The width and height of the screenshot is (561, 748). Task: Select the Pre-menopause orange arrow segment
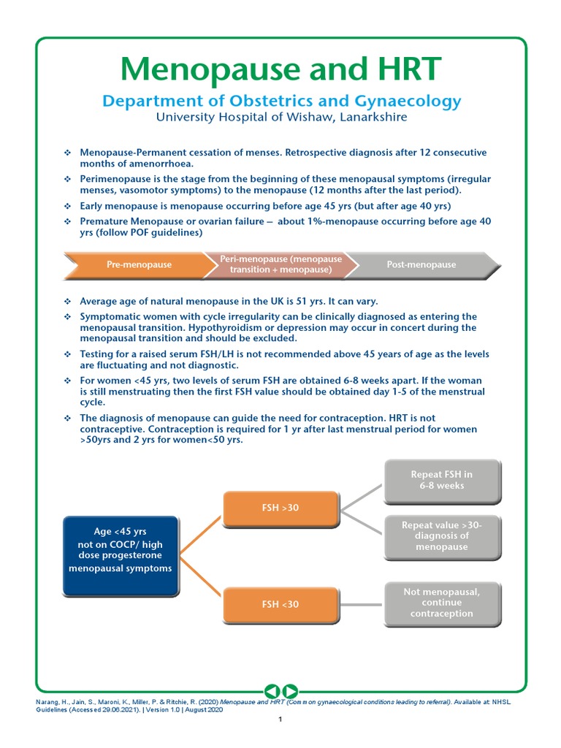click(x=139, y=264)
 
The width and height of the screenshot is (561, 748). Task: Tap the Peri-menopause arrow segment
click(x=280, y=264)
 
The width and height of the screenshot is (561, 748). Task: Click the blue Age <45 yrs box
click(x=121, y=556)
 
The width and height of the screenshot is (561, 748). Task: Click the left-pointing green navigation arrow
click(x=271, y=690)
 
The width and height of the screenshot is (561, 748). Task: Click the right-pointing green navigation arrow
click(x=289, y=690)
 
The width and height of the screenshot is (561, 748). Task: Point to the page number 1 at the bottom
click(x=280, y=720)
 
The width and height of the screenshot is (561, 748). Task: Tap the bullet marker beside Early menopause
click(x=67, y=206)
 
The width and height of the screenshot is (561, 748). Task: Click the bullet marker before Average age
click(x=67, y=301)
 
